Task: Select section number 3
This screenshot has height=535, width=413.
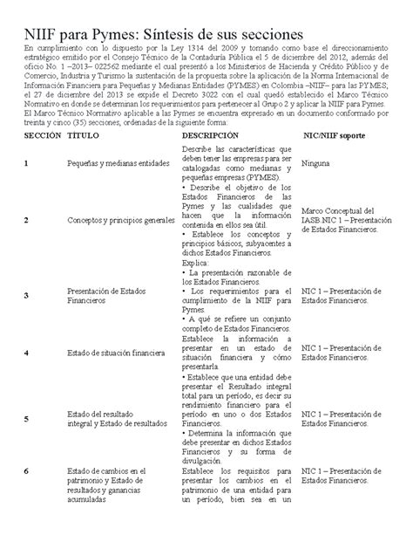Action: pyautogui.click(x=27, y=296)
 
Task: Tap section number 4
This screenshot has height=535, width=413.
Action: pyautogui.click(x=27, y=353)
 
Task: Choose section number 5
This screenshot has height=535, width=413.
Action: pyautogui.click(x=27, y=418)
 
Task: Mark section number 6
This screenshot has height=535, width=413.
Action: pyautogui.click(x=27, y=471)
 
